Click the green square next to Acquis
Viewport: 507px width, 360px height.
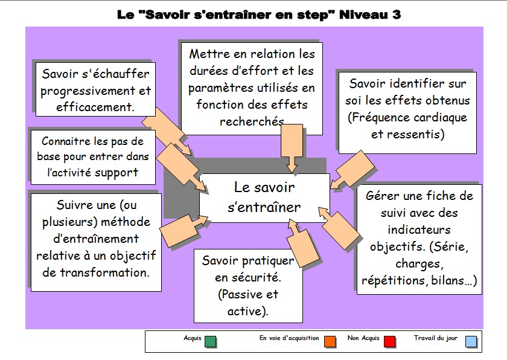click(210, 341)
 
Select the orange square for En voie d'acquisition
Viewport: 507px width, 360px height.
click(330, 341)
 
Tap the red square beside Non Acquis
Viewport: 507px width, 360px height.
click(390, 341)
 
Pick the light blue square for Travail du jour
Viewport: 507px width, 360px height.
click(471, 341)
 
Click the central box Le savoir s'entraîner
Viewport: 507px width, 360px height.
click(264, 198)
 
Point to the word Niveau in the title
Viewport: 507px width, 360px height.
click(363, 14)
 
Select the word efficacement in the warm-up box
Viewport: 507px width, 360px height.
click(95, 107)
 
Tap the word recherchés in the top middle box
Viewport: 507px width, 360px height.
click(252, 121)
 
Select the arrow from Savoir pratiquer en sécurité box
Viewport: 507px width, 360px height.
click(300, 243)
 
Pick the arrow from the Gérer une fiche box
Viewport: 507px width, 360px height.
click(339, 228)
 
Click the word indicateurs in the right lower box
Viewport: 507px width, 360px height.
click(419, 230)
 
